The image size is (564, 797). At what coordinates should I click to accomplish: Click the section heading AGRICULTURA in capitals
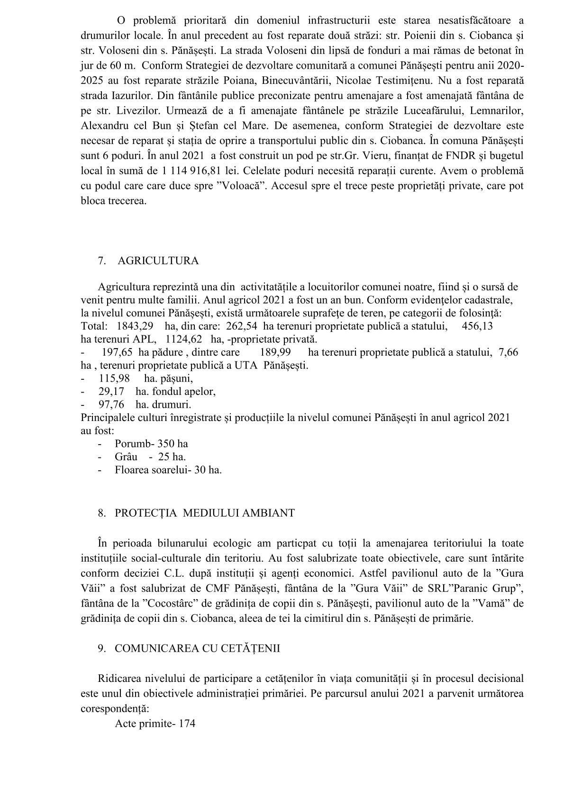click(158, 261)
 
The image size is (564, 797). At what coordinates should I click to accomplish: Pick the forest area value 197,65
click(118, 352)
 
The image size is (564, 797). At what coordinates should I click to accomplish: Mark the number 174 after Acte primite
click(187, 724)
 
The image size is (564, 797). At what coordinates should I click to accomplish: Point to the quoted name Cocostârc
click(173, 604)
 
